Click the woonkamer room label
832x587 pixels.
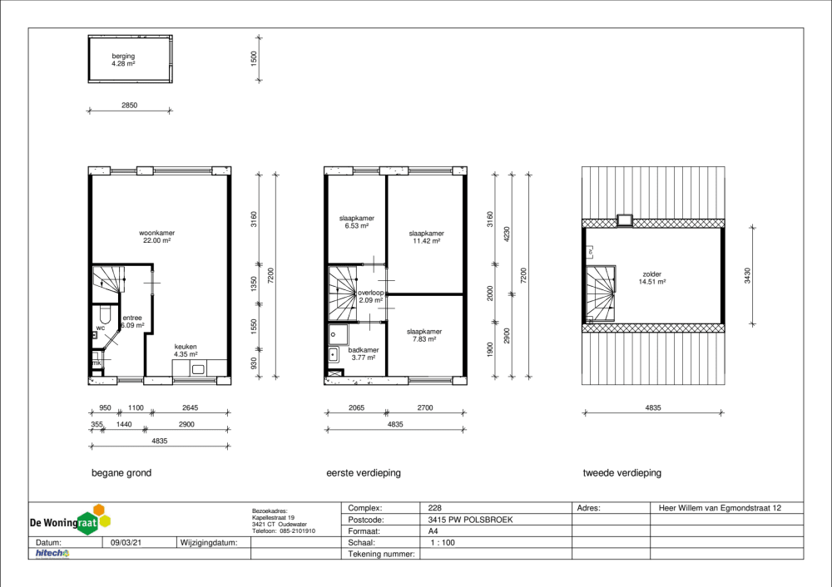(x=157, y=236)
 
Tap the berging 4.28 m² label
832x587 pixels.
(x=123, y=59)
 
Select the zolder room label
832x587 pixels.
(x=652, y=278)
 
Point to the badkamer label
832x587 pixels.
(x=364, y=353)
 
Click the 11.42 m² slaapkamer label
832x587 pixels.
(x=427, y=237)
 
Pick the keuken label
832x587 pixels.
(x=186, y=351)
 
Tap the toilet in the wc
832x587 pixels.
(x=105, y=314)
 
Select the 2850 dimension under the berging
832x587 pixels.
(x=130, y=105)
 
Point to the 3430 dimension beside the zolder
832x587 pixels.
(x=747, y=276)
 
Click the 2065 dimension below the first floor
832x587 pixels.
(x=357, y=407)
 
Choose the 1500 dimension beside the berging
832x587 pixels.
(x=254, y=58)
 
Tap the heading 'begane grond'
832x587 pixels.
(x=121, y=473)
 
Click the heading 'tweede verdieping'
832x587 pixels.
(x=622, y=473)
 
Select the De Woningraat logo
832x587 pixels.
(x=70, y=520)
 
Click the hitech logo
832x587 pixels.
(x=52, y=554)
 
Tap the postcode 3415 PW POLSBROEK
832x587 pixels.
(x=470, y=520)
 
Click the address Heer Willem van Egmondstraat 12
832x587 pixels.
(x=720, y=508)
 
